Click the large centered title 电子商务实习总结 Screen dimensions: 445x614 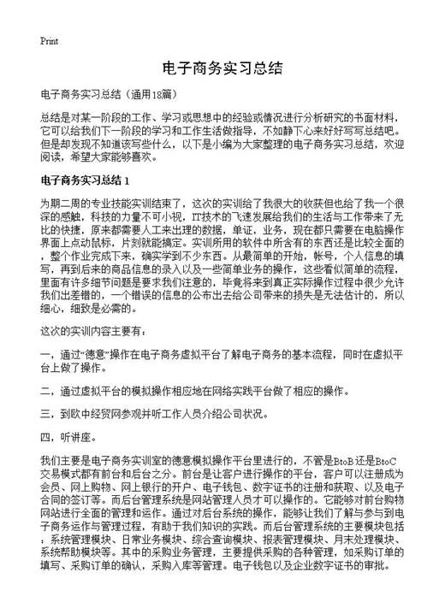[x=222, y=67]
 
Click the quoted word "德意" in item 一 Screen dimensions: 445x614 [x=100, y=354]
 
